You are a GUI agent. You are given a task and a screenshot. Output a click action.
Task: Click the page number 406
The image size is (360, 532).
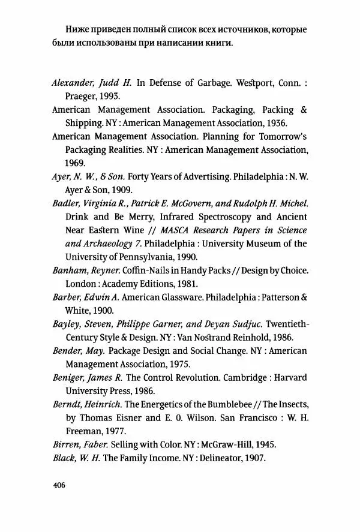pos(58,485)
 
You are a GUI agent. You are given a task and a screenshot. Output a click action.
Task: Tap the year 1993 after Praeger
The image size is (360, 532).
pos(108,96)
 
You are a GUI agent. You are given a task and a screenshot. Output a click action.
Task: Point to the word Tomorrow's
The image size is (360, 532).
pos(281,136)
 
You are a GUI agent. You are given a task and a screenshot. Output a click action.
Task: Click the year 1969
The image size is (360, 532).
pos(76,162)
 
